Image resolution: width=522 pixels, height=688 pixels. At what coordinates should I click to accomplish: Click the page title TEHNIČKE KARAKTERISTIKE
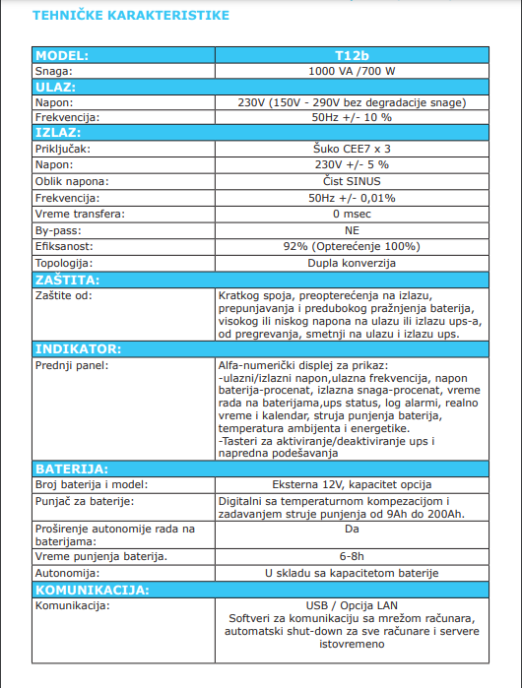pos(130,16)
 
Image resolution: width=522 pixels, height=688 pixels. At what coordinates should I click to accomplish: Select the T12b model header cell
pos(351,56)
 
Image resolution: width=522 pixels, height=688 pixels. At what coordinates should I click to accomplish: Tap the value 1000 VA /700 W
pos(351,72)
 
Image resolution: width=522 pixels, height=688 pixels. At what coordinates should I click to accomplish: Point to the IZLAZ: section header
pos(59,131)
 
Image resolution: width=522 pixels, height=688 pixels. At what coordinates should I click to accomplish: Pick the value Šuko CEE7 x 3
pos(351,149)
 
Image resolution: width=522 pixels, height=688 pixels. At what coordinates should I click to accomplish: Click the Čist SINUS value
pos(351,181)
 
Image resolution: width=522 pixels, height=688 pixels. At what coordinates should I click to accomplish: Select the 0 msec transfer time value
pos(351,214)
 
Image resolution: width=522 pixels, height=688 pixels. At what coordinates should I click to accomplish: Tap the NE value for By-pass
pos(352,230)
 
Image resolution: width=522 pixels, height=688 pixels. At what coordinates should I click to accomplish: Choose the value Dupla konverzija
pos(351,264)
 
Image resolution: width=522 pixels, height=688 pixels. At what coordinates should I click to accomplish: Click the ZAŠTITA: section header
pos(68,280)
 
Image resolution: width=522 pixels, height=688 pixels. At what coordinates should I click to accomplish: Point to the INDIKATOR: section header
pos(78,349)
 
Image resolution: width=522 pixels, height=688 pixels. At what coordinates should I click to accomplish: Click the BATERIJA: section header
pos(72,468)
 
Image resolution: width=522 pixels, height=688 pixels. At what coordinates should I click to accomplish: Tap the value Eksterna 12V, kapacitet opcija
pos(351,484)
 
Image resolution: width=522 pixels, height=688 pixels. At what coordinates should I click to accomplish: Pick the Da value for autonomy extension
pos(352,530)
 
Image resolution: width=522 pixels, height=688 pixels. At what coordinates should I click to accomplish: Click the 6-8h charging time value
pos(351,556)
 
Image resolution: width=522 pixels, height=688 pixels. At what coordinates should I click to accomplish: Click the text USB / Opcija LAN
pos(351,604)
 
